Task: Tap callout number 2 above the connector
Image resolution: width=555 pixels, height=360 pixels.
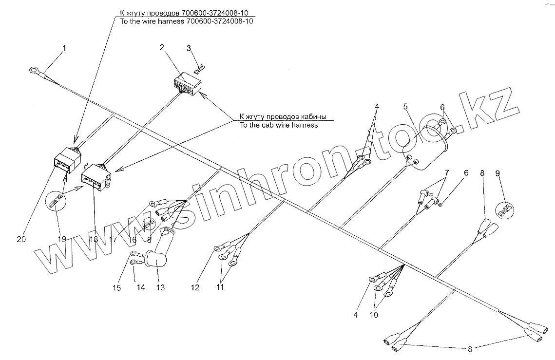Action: pos(162,47)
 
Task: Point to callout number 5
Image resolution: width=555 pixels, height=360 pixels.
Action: pos(406,106)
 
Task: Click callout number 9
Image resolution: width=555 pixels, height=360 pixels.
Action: pos(498,173)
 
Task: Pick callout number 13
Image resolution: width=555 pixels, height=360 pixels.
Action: pos(160,287)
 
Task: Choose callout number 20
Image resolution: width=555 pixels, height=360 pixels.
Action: pos(21,239)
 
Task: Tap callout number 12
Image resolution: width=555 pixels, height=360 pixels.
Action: pos(195,287)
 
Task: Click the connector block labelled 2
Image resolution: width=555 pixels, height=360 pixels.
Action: pos(187,85)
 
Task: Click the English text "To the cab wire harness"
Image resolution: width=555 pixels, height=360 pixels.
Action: pos(278,125)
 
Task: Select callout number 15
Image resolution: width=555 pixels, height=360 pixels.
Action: pos(116,287)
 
